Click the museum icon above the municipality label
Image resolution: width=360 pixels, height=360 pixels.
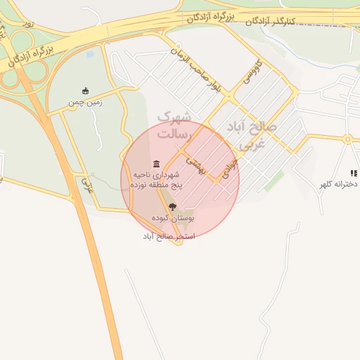[156, 164]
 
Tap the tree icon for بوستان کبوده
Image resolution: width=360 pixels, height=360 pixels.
[173, 207]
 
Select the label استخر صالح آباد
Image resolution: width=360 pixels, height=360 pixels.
[169, 236]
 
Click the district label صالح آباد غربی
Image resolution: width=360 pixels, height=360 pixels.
[252, 134]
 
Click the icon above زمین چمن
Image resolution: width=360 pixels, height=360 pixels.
[86, 91]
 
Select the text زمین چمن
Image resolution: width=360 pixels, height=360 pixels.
[85, 103]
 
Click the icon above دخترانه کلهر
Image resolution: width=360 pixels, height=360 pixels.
[354, 172]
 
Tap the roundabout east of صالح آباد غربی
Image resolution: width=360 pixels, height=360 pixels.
[347, 139]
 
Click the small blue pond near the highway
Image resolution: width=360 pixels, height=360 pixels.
[90, 53]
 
